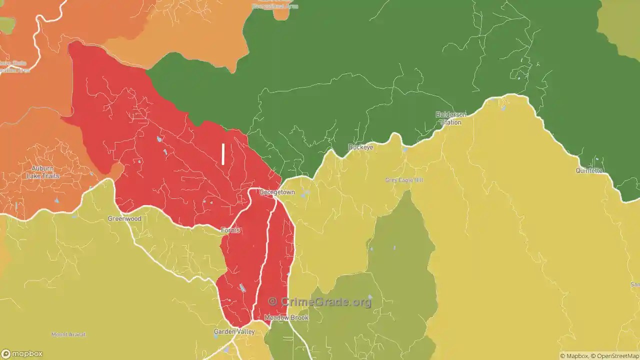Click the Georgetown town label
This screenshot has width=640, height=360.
click(277, 192)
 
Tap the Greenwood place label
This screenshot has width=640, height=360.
click(124, 218)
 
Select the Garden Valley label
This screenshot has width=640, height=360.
click(234, 331)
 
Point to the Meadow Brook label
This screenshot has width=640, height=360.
click(286, 317)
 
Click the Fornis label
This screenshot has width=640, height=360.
click(230, 230)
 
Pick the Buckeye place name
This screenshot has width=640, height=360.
click(360, 147)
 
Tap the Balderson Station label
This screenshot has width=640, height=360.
click(451, 118)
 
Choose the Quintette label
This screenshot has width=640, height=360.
click(589, 170)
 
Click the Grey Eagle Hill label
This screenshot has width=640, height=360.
click(404, 180)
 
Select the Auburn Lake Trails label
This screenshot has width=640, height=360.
click(42, 172)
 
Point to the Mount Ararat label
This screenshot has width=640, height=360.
click(68, 334)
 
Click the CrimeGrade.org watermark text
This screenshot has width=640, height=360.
click(326, 301)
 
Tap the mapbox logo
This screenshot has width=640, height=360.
click(22, 353)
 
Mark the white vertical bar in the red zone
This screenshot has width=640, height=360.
click(223, 154)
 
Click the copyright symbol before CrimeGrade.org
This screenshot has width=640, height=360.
click(272, 301)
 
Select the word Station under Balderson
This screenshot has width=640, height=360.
click(450, 122)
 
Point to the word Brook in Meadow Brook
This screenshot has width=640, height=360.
click(299, 317)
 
